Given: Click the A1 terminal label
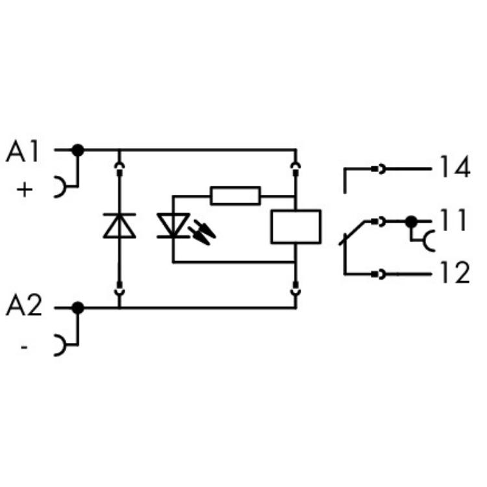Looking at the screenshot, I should point(23,153).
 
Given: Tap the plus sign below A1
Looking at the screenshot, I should point(24,190).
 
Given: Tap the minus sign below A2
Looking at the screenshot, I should point(24,348).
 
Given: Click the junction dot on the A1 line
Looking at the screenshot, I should point(78,151).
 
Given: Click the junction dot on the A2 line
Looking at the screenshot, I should point(78,308).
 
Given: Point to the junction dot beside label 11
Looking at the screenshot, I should point(410,222).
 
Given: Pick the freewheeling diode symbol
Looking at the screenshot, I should point(119,226).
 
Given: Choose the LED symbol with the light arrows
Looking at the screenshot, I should point(173,226).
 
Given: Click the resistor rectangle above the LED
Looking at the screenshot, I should point(235,195).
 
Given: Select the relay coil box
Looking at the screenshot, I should point(295,226).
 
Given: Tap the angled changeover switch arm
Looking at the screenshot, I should point(355,232).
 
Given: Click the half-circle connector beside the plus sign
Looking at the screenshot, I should point(60,188).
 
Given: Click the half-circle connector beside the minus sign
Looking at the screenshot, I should point(60,345).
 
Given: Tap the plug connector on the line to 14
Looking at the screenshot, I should point(378,169).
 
